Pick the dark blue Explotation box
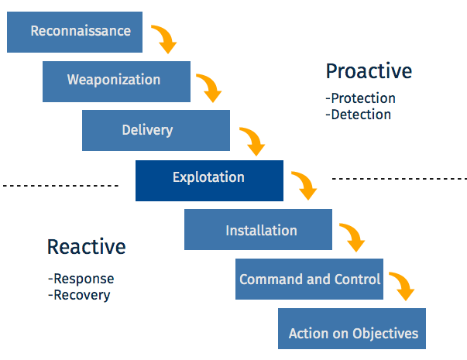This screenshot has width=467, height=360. [209, 179]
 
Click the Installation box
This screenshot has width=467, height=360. [258, 230]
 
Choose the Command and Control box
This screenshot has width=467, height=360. [310, 279]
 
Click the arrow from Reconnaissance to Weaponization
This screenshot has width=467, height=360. [163, 39]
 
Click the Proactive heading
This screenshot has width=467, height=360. [369, 71]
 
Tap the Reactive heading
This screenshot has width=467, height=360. [86, 247]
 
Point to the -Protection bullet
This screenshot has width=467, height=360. [360, 98]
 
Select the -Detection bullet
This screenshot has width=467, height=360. [358, 115]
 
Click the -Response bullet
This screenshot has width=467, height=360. [81, 279]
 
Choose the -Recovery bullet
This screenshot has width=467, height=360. [78, 295]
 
